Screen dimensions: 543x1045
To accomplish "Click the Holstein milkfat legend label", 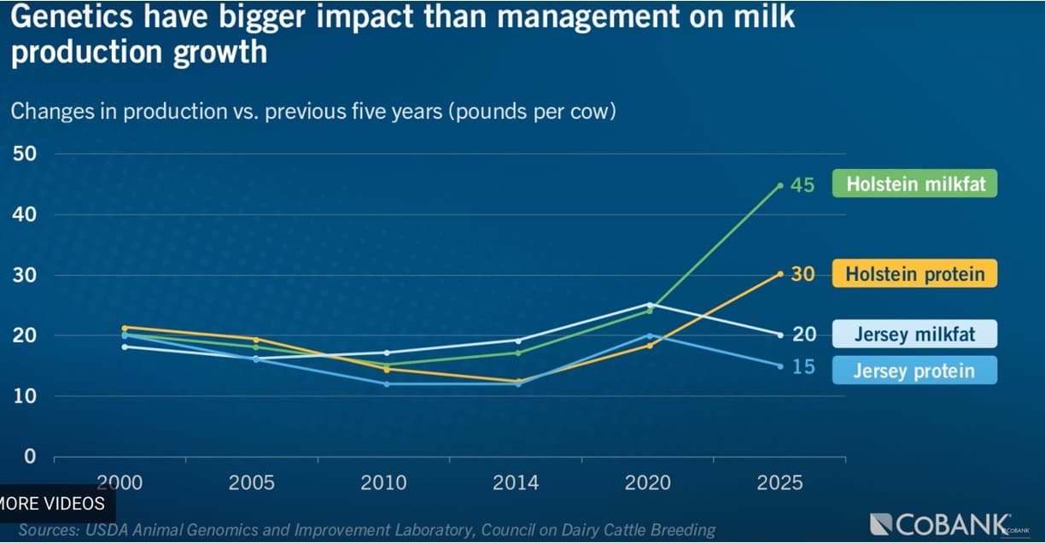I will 915,184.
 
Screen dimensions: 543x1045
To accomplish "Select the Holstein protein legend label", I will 915,274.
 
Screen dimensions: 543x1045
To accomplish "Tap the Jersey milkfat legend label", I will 915,334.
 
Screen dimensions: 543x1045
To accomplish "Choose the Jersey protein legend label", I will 915,371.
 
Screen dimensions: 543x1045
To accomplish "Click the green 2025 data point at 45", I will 780,185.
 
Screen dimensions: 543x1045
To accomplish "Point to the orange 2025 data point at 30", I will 780,273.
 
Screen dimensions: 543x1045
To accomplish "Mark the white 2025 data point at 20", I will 780,335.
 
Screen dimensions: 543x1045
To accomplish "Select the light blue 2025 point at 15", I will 780,366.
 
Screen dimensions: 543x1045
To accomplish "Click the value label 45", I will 803,185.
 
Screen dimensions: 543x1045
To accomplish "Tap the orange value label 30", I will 803,274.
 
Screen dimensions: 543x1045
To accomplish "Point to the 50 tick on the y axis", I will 23,154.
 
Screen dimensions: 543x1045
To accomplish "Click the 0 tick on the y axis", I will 30,457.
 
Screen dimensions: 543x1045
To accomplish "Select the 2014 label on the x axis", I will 516,483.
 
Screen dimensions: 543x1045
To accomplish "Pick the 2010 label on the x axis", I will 384,483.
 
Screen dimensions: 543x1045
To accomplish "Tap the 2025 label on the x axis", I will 779,483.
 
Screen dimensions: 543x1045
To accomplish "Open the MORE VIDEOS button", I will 52,503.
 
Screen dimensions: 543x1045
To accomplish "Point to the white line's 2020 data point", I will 648,304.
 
